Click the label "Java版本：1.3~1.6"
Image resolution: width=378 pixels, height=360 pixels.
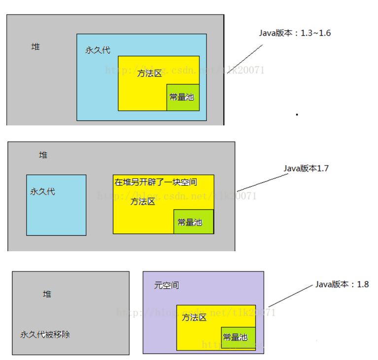(295, 33)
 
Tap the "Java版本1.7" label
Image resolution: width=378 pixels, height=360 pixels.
(306, 168)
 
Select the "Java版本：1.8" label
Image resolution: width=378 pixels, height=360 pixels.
(342, 285)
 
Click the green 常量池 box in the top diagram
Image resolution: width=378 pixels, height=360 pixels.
(183, 97)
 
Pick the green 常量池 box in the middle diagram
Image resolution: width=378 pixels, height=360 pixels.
(193, 221)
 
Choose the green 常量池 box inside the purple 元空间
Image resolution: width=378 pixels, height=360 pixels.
(238, 337)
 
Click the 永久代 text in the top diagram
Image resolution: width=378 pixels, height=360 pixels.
(98, 50)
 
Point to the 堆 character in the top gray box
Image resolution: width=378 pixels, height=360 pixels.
(35, 47)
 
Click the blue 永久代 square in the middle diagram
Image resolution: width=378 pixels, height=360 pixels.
(56, 204)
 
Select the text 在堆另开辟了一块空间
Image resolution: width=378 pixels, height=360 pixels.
(156, 182)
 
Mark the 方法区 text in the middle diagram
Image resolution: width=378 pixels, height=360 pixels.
(143, 202)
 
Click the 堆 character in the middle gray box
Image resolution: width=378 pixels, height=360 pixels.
(43, 155)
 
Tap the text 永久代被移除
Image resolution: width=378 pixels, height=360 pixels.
(45, 334)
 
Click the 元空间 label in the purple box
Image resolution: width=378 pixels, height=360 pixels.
(167, 286)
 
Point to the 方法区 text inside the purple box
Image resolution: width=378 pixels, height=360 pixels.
(194, 318)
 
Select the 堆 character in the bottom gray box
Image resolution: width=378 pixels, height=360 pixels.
(47, 294)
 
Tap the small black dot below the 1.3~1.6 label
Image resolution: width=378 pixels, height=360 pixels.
(297, 114)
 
